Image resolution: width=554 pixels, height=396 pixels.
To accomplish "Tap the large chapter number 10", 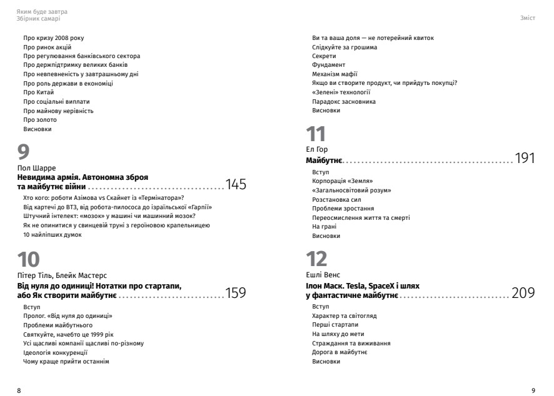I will (29, 259).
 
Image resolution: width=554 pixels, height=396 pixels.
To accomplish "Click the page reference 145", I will (236, 185).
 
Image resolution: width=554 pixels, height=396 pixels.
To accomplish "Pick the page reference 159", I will (236, 292).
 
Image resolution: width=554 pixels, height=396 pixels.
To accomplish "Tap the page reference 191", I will (525, 158).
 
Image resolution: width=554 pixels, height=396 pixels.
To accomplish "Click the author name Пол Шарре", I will (39, 168).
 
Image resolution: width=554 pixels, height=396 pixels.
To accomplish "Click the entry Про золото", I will (39, 120).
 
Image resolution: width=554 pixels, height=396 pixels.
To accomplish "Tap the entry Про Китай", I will (39, 92).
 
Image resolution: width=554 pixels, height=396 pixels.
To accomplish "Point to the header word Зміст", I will (528, 19).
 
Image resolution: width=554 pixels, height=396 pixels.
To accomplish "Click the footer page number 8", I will (19, 390).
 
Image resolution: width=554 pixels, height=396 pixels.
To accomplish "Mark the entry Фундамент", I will (328, 65).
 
